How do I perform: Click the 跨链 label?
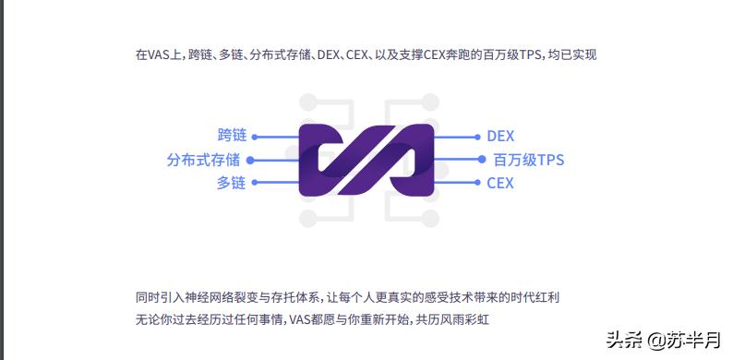click(x=232, y=136)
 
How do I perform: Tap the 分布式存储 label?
click(x=203, y=160)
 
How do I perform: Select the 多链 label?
click(x=231, y=183)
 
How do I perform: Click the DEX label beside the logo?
click(x=500, y=136)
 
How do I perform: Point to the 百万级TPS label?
click(x=528, y=160)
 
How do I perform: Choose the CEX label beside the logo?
click(x=500, y=183)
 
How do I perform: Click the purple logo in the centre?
click(x=366, y=159)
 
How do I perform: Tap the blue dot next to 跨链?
click(x=256, y=137)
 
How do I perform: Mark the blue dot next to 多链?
click(x=256, y=183)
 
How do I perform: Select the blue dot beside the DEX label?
click(x=477, y=137)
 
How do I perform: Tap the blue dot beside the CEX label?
click(x=477, y=183)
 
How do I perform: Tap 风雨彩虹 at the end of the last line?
click(x=480, y=319)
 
